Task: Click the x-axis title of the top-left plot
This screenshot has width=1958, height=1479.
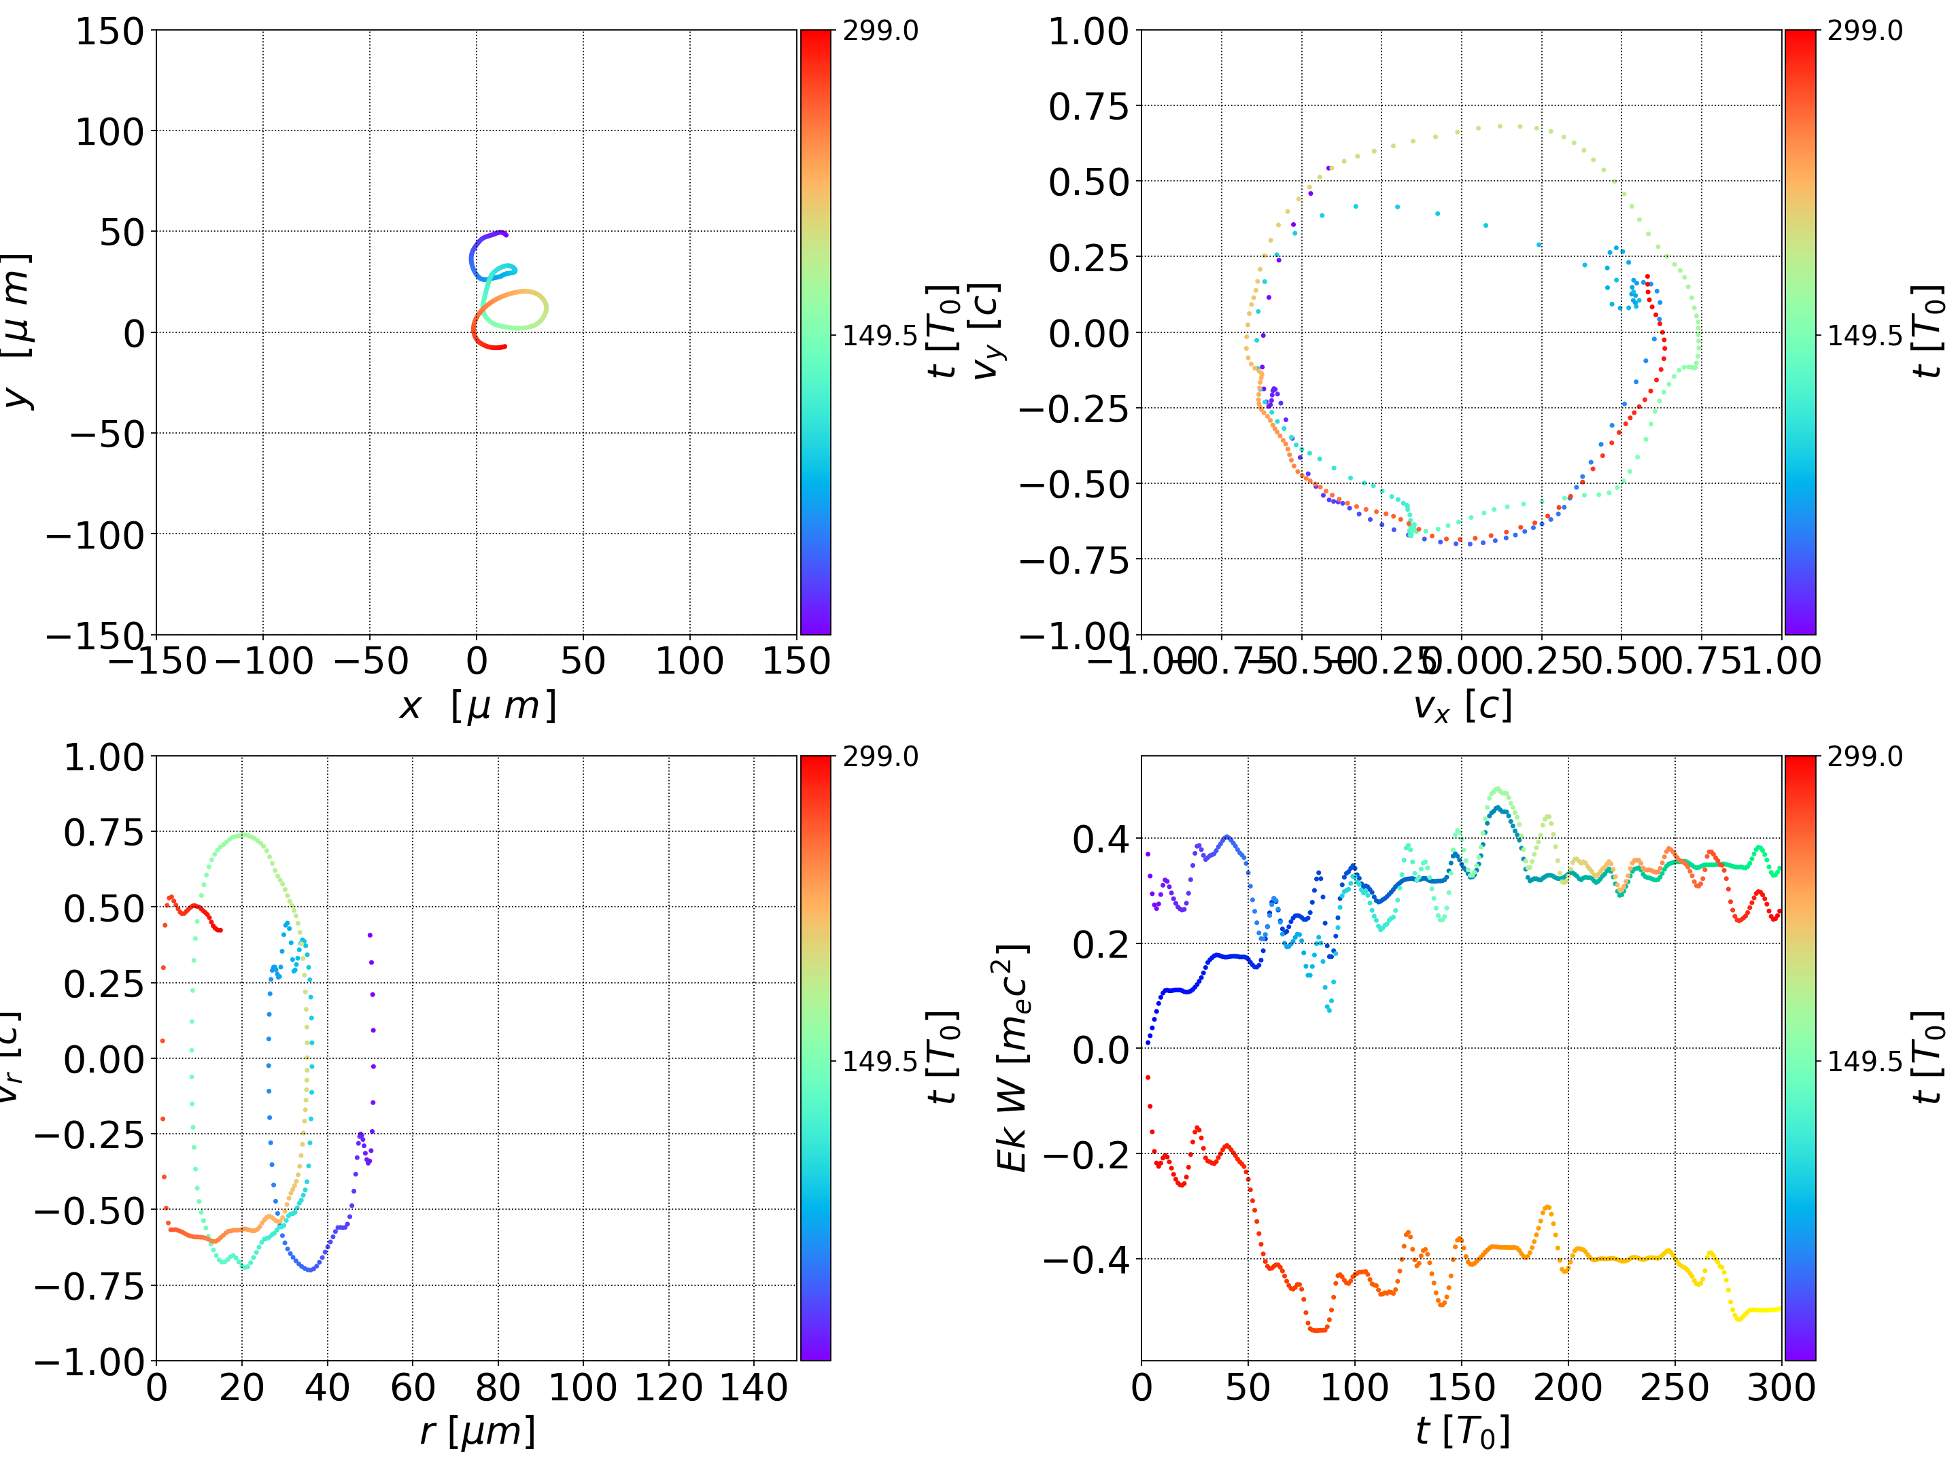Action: click(x=477, y=706)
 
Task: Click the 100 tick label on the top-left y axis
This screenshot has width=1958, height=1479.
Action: click(x=109, y=132)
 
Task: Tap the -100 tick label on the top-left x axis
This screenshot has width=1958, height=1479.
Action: click(x=264, y=661)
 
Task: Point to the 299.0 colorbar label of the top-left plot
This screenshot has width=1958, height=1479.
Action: click(x=880, y=31)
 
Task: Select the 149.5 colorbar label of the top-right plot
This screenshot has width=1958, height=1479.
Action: click(x=1864, y=336)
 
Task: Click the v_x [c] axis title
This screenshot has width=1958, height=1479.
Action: click(x=1462, y=706)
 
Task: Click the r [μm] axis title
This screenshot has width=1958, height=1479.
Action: click(x=477, y=1431)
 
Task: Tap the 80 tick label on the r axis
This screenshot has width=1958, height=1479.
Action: click(x=498, y=1387)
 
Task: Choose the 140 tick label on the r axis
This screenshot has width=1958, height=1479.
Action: click(x=753, y=1387)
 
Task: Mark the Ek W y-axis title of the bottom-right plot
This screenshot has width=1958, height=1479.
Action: click(x=1012, y=1058)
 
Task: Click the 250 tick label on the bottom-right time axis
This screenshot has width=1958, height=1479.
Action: click(x=1674, y=1387)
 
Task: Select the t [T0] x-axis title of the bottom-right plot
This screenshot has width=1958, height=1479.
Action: click(x=1462, y=1431)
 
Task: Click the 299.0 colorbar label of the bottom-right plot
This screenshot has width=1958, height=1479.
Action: click(x=1864, y=756)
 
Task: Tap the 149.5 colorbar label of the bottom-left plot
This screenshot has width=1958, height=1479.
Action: click(x=880, y=1060)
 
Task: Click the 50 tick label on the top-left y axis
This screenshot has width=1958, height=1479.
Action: click(x=121, y=232)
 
